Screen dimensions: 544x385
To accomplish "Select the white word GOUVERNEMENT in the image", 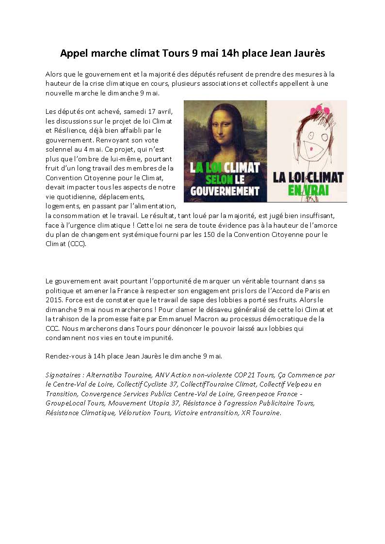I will point(225,191).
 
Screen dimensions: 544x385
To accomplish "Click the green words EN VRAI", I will point(307,191).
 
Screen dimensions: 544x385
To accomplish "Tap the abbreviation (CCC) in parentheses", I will point(77,244).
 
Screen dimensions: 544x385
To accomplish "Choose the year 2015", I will point(53,299).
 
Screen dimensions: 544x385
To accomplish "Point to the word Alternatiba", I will point(105,375).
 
